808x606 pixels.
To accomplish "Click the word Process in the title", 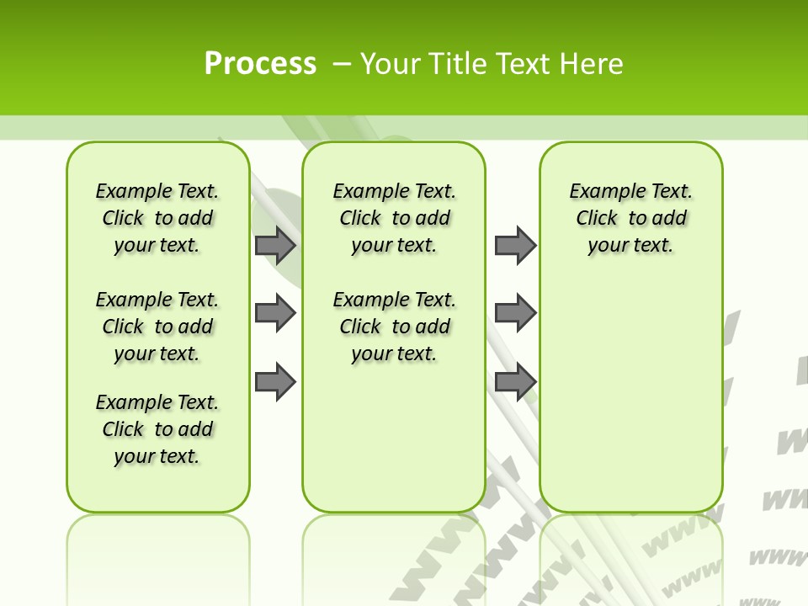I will (x=260, y=63).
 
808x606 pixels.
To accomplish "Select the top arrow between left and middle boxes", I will (x=275, y=246).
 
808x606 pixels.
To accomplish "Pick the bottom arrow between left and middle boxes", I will (x=275, y=382).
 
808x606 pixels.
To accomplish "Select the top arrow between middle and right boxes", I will (x=515, y=246).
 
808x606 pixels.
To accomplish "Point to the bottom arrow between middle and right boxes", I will (x=515, y=382).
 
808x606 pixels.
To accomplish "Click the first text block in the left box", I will (x=157, y=218).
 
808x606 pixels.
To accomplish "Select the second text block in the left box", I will (x=157, y=327).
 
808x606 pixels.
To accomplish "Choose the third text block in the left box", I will (x=157, y=429).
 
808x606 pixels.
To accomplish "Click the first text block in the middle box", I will (x=394, y=218).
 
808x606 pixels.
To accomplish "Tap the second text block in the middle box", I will (x=394, y=327).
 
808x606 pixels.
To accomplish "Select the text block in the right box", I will (x=630, y=218).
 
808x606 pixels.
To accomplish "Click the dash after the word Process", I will (x=342, y=63).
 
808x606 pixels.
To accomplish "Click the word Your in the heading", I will (x=391, y=63).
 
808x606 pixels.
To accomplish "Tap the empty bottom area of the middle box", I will (x=394, y=446).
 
